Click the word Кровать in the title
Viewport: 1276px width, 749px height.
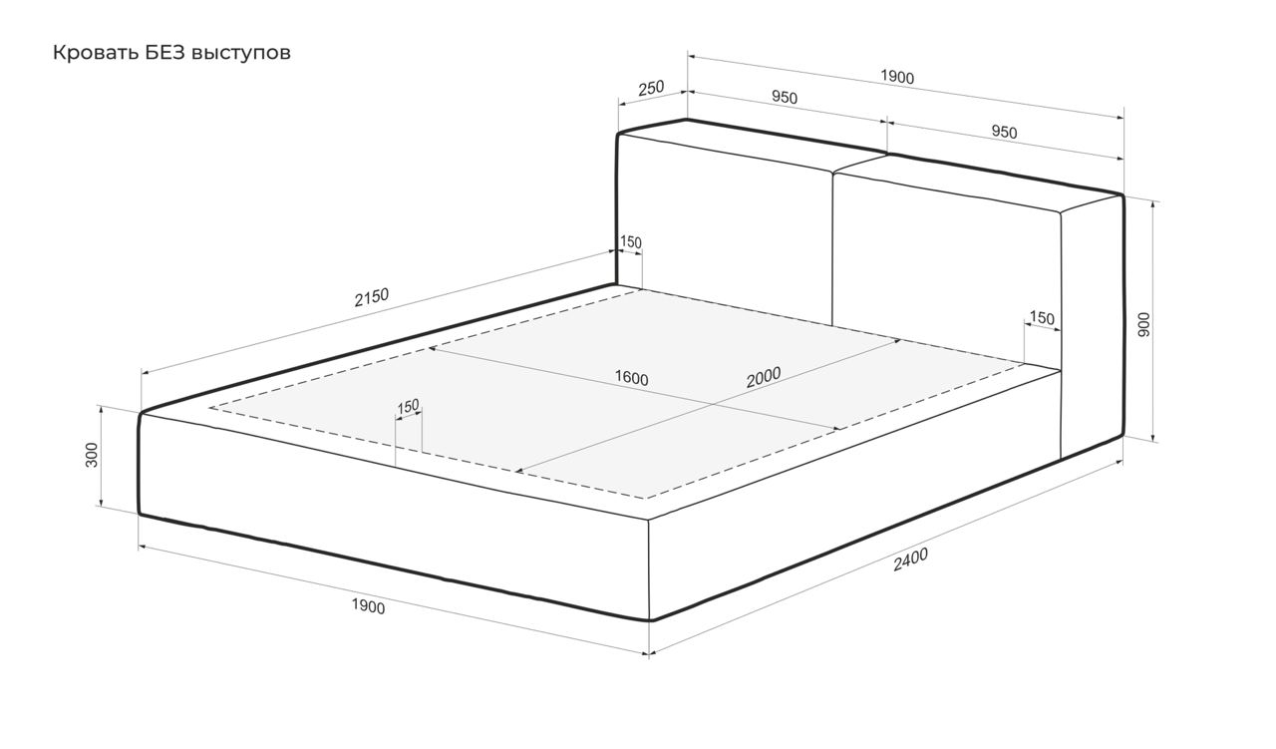point(95,53)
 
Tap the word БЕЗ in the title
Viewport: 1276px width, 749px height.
point(165,53)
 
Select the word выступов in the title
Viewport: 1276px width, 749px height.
point(241,54)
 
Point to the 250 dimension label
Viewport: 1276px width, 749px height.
point(651,89)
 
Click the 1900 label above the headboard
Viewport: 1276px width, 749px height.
point(897,77)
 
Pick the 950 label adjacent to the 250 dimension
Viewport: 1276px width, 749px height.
point(785,98)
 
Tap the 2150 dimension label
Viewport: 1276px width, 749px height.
point(372,297)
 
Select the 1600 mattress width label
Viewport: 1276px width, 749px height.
point(631,378)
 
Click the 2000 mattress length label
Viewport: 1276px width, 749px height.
point(764,377)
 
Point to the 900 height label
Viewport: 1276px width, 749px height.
point(1143,324)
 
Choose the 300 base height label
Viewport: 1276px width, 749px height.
point(91,455)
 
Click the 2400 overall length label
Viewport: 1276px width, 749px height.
point(910,560)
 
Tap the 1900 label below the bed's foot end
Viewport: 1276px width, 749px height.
point(368,606)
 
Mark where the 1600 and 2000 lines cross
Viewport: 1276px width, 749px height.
point(712,404)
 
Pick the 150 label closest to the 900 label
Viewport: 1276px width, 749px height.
point(1042,317)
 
